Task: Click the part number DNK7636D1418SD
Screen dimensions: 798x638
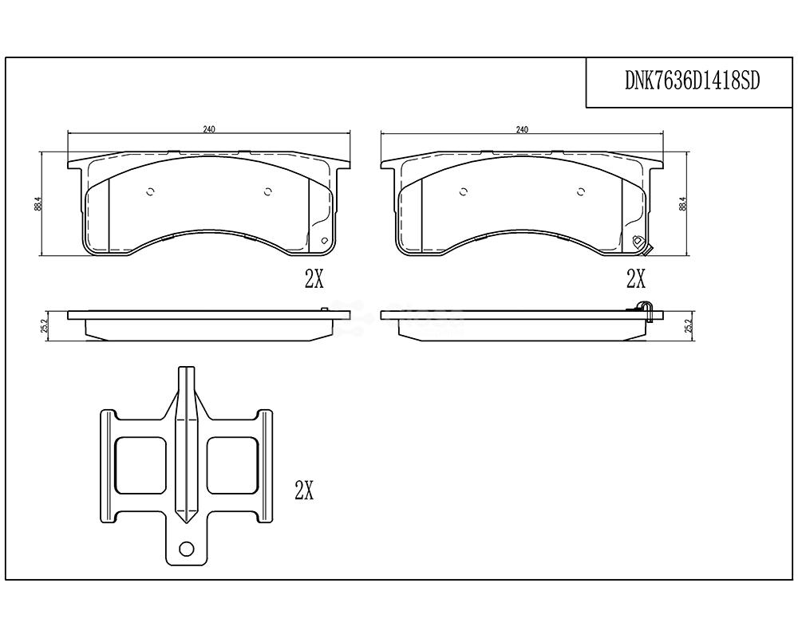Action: click(692, 81)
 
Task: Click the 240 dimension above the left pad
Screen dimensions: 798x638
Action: click(209, 129)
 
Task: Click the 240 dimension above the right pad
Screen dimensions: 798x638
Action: click(522, 129)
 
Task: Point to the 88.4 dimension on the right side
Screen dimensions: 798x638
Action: click(684, 204)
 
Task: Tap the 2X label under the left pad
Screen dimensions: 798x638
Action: click(314, 278)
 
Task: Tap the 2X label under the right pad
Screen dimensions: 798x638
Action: click(636, 278)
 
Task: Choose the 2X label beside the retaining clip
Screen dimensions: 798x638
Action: click(304, 490)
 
